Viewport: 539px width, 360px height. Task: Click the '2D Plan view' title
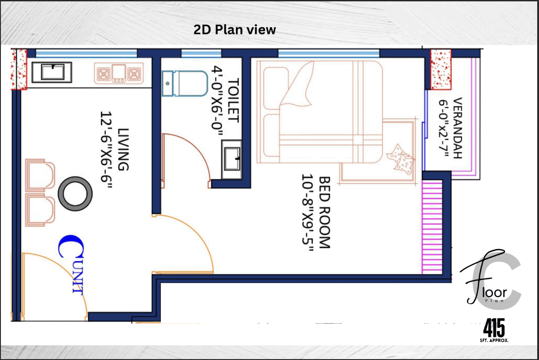(x=235, y=30)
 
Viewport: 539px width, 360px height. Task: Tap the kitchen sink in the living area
(x=52, y=72)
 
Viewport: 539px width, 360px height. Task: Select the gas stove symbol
(x=119, y=73)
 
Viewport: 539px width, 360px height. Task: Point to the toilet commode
(x=185, y=84)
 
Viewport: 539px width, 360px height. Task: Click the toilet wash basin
(x=232, y=159)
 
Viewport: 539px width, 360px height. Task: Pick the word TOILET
(x=234, y=100)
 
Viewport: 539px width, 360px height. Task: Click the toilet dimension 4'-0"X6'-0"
(x=217, y=101)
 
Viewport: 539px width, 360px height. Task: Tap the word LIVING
(x=123, y=149)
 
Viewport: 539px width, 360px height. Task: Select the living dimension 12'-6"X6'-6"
(x=106, y=149)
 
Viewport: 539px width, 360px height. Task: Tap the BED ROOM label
(x=324, y=212)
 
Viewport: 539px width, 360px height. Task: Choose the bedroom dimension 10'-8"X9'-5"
(x=308, y=213)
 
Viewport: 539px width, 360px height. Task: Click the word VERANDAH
(x=458, y=128)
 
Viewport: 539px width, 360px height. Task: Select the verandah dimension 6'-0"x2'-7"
(x=444, y=128)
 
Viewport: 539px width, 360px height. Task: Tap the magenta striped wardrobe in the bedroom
(x=432, y=227)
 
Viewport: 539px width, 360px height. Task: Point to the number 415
(x=494, y=328)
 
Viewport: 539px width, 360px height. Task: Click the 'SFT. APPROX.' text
(x=494, y=340)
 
